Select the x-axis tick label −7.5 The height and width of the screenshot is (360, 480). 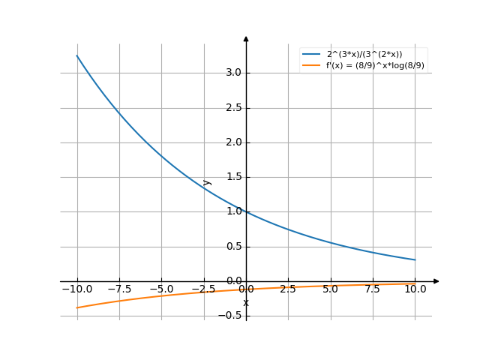(x=118, y=289)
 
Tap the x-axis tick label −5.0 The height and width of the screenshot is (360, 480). (x=160, y=289)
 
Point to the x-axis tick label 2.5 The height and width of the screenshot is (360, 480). (x=288, y=289)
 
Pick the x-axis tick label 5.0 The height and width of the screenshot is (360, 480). (x=330, y=289)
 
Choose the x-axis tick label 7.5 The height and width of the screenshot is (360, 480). (x=373, y=289)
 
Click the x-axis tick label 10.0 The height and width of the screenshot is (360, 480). (x=415, y=289)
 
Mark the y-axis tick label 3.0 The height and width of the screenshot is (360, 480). (x=232, y=73)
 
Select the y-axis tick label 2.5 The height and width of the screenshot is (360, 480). (x=232, y=108)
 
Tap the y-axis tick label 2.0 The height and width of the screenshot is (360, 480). (x=232, y=142)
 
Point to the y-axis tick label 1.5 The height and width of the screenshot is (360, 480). (x=232, y=177)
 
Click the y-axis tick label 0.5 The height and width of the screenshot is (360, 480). (x=232, y=247)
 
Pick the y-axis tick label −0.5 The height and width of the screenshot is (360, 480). (x=229, y=316)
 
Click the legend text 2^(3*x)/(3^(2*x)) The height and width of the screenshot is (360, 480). (x=364, y=55)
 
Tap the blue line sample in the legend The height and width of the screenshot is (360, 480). (x=311, y=55)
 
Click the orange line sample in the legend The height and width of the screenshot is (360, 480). (x=311, y=66)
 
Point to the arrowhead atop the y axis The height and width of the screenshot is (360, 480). (x=246, y=38)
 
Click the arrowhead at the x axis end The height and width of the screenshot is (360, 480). (x=436, y=281)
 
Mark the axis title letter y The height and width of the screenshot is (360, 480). (x=208, y=181)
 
